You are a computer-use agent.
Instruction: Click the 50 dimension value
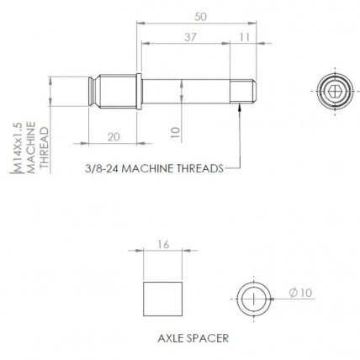(x=200, y=17)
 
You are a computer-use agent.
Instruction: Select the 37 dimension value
(x=190, y=38)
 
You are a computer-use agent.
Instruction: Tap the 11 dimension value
(x=245, y=38)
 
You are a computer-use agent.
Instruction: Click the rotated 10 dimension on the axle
(x=175, y=132)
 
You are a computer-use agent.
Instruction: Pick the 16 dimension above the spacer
(x=163, y=244)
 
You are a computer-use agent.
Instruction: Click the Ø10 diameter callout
(x=300, y=293)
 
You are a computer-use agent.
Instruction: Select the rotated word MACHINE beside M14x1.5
(x=32, y=147)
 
